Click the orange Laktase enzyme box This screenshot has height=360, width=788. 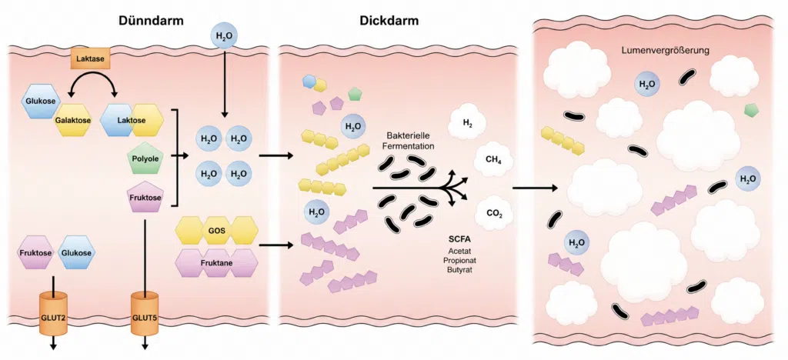point(90,58)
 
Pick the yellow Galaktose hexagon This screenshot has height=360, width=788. point(72,121)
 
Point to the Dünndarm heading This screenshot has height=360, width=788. point(151,21)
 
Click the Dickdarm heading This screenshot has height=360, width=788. point(389,21)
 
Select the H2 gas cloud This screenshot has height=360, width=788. point(467,122)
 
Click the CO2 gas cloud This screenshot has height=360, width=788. point(492,213)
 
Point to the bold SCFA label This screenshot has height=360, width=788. point(459,239)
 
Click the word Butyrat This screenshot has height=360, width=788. point(458,270)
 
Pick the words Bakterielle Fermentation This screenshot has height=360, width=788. point(411,141)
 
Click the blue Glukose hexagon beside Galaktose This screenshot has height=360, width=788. point(40,101)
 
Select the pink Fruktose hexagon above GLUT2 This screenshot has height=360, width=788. point(35,253)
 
